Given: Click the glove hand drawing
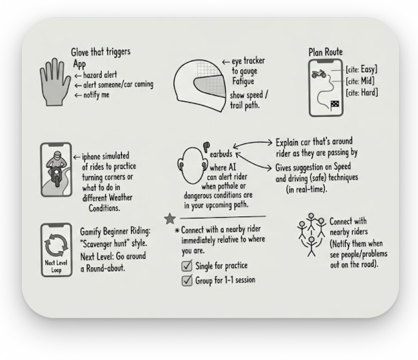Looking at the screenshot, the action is [x=54, y=83].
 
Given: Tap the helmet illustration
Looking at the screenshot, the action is [x=199, y=86].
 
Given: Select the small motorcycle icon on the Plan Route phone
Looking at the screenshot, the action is [x=319, y=74].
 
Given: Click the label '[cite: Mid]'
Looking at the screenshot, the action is [x=360, y=81].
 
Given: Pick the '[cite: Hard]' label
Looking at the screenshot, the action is [x=362, y=92].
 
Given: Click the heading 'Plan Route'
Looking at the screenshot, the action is [x=326, y=52].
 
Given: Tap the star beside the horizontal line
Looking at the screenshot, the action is [x=170, y=219].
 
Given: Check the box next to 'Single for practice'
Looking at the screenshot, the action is [x=186, y=266].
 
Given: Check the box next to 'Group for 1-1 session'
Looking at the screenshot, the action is [x=186, y=280].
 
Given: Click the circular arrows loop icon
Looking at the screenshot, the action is [x=56, y=245].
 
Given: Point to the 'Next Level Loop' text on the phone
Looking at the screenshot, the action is [x=56, y=266].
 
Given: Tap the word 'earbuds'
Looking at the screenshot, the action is [x=221, y=154].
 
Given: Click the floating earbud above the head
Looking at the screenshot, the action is [x=206, y=147].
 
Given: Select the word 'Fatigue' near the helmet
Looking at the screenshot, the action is [x=243, y=81].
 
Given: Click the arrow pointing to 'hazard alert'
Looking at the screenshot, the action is [x=78, y=76].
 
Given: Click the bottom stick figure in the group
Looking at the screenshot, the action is [x=311, y=246].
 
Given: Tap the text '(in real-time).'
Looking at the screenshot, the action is [x=306, y=189].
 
